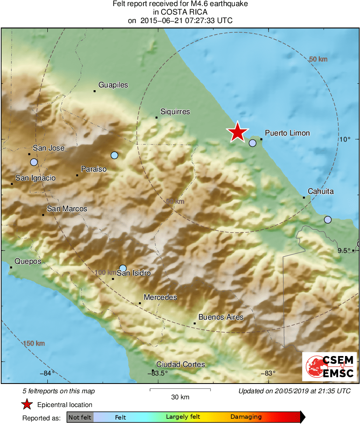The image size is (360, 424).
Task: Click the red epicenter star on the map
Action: tap(237, 132)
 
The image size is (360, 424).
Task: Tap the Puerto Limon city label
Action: tap(287, 133)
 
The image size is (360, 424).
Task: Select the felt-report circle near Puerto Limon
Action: tap(253, 143)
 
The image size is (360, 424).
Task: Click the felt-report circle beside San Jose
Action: tap(34, 162)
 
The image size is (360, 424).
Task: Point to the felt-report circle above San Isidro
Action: tap(123, 268)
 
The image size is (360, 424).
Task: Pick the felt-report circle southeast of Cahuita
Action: tap(328, 220)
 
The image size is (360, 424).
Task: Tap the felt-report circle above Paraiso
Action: tap(114, 155)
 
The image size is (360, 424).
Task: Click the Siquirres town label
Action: tap(175, 112)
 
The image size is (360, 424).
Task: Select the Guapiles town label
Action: tap(113, 85)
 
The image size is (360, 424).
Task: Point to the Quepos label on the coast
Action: tap(28, 261)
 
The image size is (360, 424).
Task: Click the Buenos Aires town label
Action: tap(221, 317)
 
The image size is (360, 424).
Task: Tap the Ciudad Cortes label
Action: tap(181, 365)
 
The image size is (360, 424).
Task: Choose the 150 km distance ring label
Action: tap(34, 344)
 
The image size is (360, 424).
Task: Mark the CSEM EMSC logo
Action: tap(330, 367)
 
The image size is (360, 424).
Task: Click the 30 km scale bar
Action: tap(180, 390)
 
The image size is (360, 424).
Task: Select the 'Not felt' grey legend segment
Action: tap(80, 417)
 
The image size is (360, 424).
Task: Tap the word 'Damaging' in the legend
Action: tap(246, 417)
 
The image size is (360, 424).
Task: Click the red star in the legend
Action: tap(27, 405)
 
